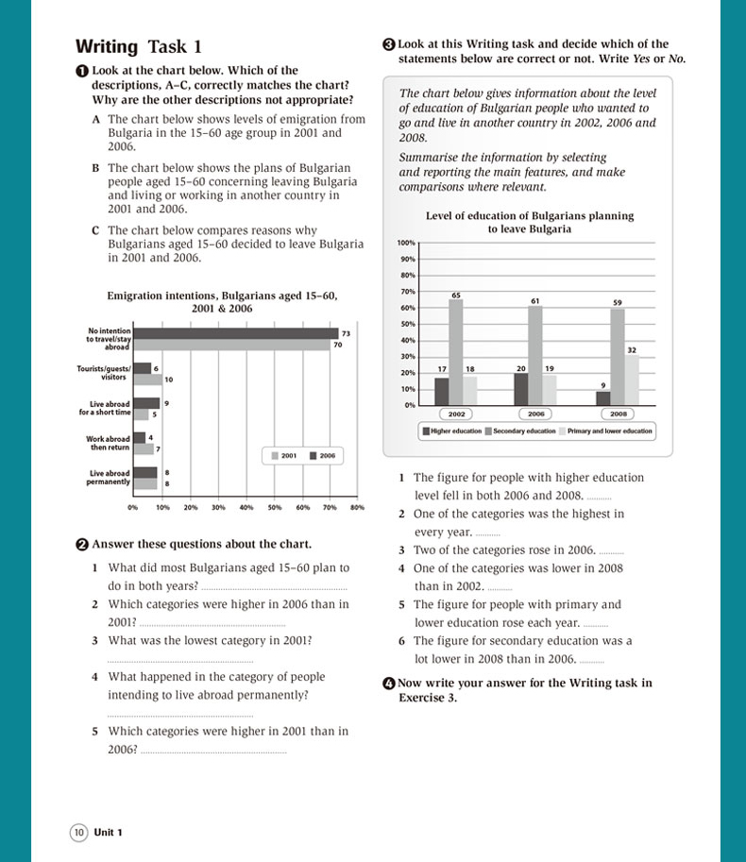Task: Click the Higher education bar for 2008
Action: coord(603,397)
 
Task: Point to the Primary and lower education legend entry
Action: coord(605,431)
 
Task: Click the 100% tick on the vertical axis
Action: coord(406,243)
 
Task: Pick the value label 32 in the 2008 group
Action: coord(631,349)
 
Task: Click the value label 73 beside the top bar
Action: coord(346,333)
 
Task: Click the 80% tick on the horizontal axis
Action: coord(357,508)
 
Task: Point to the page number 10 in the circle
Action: coord(78,832)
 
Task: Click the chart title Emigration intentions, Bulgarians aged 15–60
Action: coord(222,296)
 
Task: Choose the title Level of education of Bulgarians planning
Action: coord(530,216)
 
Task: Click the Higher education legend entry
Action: coord(453,431)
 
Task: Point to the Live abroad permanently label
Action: coord(110,478)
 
